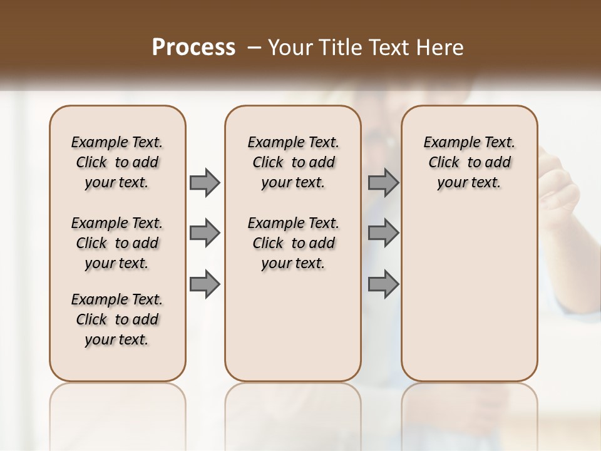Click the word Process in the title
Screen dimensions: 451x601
pyautogui.click(x=193, y=48)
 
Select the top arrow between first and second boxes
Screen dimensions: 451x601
pyautogui.click(x=205, y=182)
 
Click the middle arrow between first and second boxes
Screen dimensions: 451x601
pyautogui.click(x=205, y=233)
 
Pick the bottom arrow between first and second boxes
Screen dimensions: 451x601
pyautogui.click(x=205, y=284)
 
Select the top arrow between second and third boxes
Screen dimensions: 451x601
pyautogui.click(x=383, y=182)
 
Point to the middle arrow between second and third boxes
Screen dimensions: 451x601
pyautogui.click(x=383, y=233)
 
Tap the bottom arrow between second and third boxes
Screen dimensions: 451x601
pyautogui.click(x=383, y=284)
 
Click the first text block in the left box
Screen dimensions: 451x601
pyautogui.click(x=117, y=162)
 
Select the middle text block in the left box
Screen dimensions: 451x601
pyautogui.click(x=117, y=243)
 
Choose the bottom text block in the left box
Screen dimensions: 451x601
pyautogui.click(x=117, y=319)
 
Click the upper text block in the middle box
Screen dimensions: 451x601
pyautogui.click(x=293, y=162)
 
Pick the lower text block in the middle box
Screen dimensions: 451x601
pyautogui.click(x=293, y=243)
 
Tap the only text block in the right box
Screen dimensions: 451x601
pyautogui.click(x=469, y=162)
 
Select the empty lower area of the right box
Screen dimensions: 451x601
pyautogui.click(x=469, y=294)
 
